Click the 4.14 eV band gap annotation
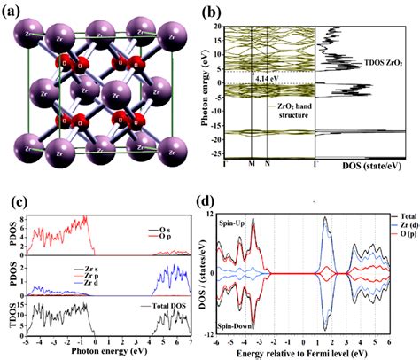(x=267, y=79)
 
